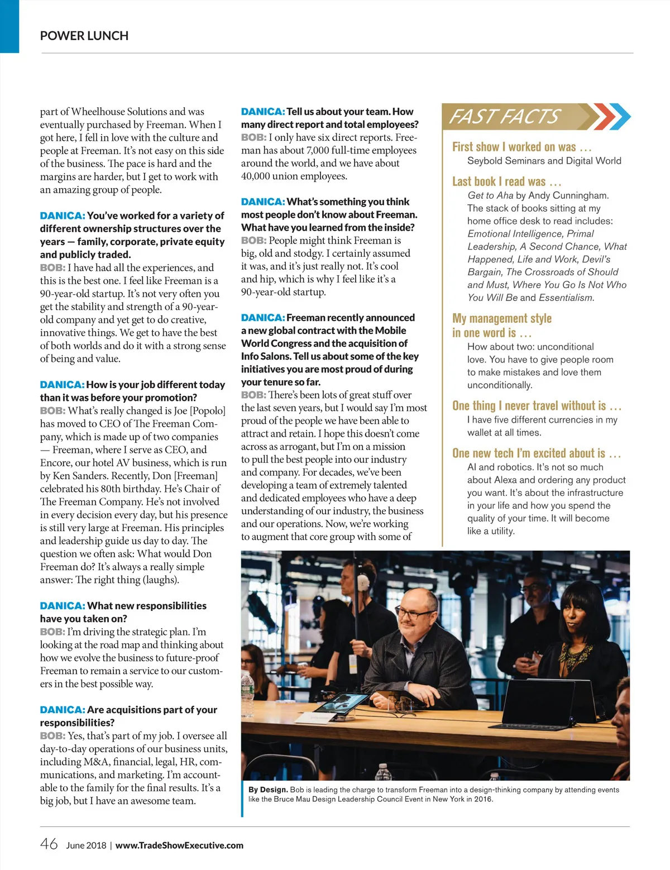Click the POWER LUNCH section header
(x=84, y=36)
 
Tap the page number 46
(x=49, y=844)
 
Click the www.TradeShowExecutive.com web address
(x=179, y=845)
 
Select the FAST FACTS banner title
(x=504, y=116)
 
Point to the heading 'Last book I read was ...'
(x=506, y=181)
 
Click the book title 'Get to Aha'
(x=490, y=195)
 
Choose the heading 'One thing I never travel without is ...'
(x=537, y=406)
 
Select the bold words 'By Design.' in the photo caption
(x=268, y=790)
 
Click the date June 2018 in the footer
(x=86, y=845)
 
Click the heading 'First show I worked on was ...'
(x=521, y=147)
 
